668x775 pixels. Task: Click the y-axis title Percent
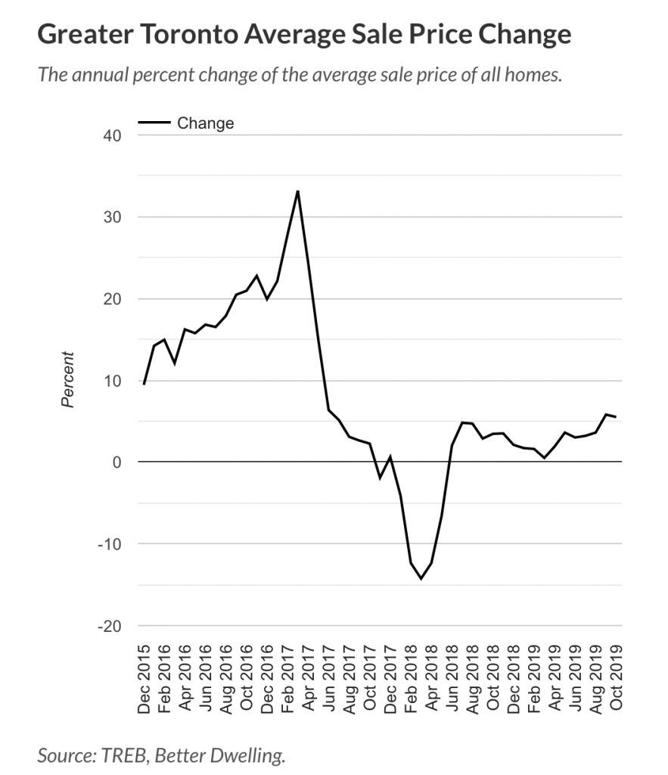click(x=69, y=379)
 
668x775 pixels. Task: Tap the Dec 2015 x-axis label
click(x=144, y=679)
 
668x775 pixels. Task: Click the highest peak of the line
click(x=298, y=191)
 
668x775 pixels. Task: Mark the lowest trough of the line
click(x=421, y=579)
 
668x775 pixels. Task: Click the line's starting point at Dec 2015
click(x=144, y=384)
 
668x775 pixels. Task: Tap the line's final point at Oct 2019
click(x=615, y=417)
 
